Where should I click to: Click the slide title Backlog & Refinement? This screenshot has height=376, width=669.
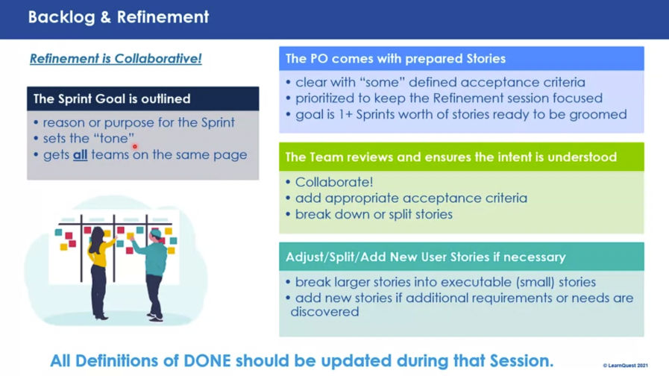[118, 17]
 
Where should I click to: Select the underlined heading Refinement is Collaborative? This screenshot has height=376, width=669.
[116, 58]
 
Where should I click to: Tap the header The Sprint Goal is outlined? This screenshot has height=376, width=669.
[112, 98]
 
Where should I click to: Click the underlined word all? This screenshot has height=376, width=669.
[81, 154]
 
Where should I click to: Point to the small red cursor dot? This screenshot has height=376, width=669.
[135, 146]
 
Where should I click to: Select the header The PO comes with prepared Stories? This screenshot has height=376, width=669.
[395, 58]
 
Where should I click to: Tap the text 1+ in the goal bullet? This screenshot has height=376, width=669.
[345, 114]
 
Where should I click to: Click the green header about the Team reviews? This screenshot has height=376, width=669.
[451, 157]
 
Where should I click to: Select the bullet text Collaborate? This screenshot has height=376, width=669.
[334, 182]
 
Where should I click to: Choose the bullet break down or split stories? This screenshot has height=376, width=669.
[374, 214]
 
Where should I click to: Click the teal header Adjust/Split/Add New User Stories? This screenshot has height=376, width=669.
[425, 257]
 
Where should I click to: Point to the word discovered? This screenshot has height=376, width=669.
[324, 312]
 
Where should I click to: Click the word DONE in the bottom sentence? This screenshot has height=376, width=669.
[207, 361]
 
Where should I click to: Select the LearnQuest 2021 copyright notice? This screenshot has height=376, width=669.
[625, 366]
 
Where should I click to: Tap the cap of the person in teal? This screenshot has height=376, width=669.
[156, 233]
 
